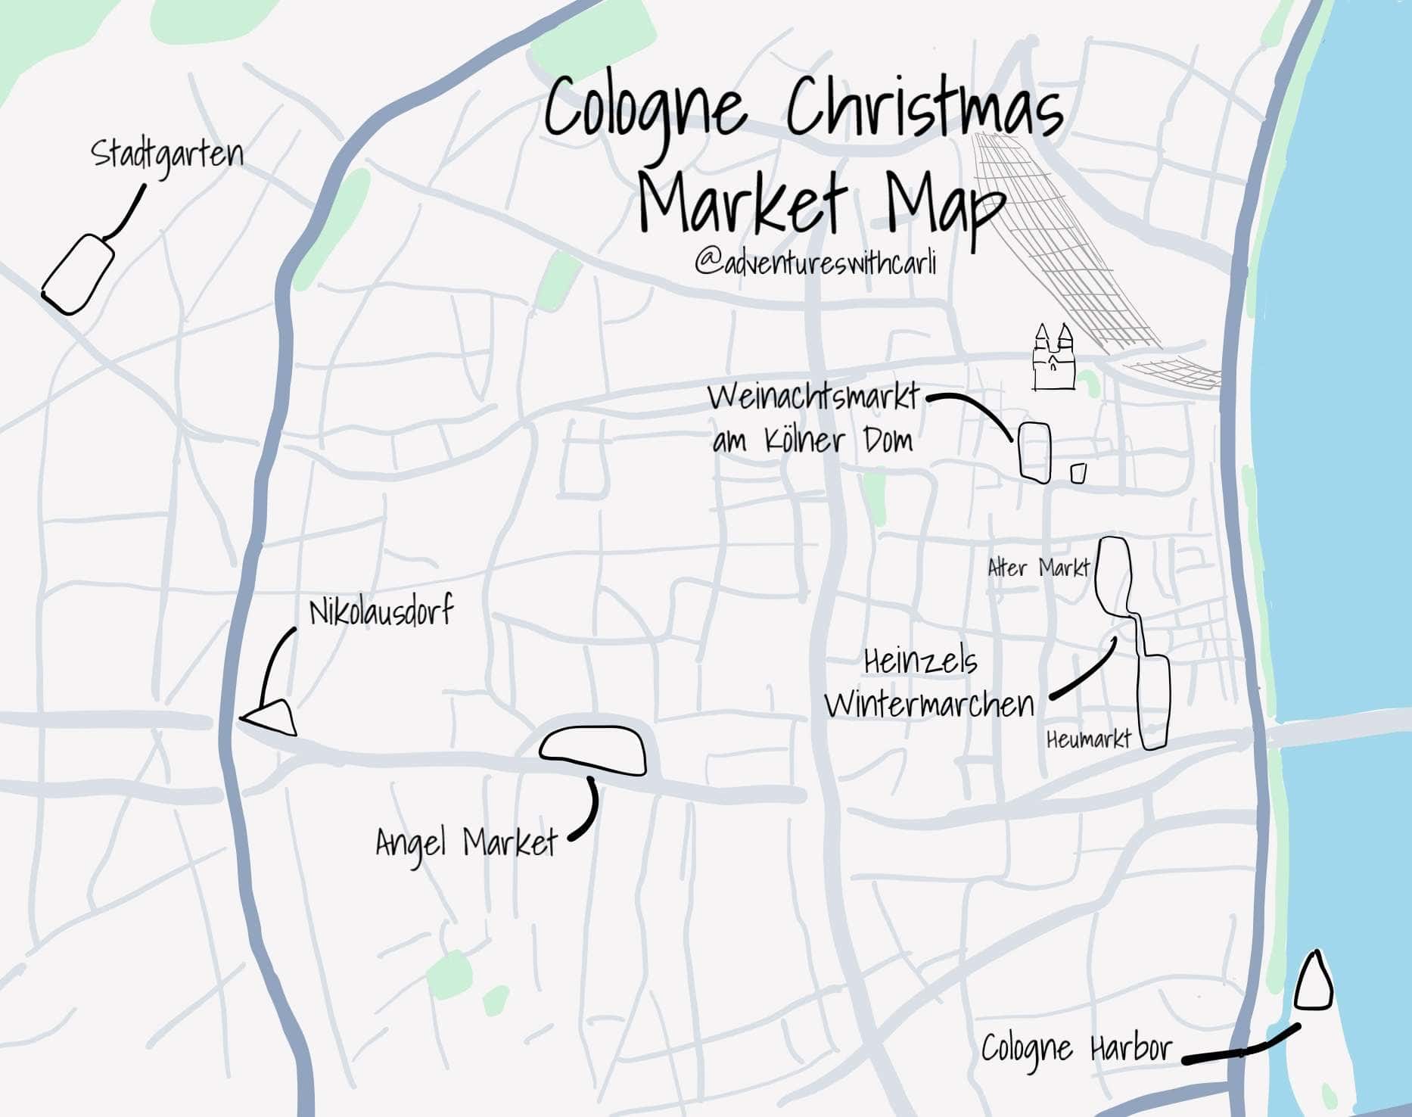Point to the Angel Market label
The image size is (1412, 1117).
(x=466, y=842)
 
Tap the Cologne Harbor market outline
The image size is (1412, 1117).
(x=1313, y=983)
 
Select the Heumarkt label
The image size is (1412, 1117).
(x=1088, y=739)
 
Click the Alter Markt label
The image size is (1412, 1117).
(x=1038, y=568)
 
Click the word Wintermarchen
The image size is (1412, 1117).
(x=929, y=705)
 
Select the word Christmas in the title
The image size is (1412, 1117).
(x=924, y=111)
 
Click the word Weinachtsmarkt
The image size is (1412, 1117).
(x=814, y=398)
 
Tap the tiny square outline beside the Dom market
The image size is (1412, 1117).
(x=1078, y=473)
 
